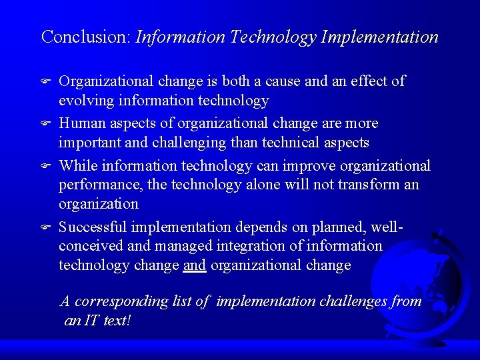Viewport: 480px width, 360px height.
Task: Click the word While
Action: pyautogui.click(x=77, y=165)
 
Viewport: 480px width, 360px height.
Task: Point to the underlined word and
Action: pyautogui.click(x=195, y=265)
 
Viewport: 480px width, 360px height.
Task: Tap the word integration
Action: pyautogui.click(x=246, y=246)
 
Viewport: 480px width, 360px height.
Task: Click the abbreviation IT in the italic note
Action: pyautogui.click(x=91, y=321)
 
